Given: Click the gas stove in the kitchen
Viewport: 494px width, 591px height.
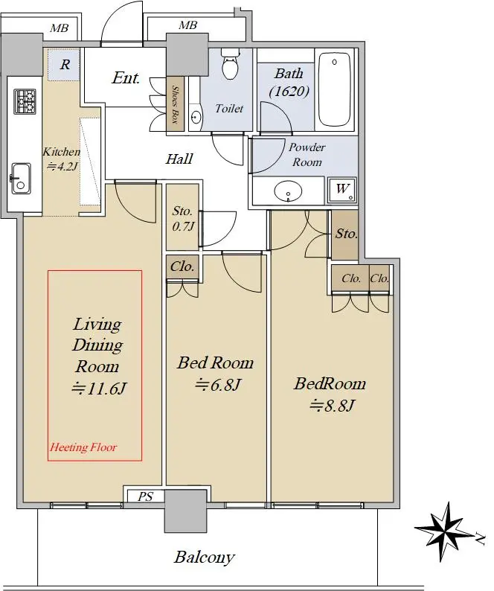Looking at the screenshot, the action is [25, 101].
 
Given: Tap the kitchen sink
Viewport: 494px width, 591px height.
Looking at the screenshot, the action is [21, 179].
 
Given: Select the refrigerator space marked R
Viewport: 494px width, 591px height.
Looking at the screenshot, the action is [64, 65].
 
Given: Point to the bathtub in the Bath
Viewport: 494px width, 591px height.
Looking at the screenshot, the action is [334, 89].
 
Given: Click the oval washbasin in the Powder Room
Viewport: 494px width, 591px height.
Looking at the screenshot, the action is [288, 191].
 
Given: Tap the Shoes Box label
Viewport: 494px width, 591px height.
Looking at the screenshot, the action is [176, 104].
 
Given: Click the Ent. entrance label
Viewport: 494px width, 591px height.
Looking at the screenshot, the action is [126, 78].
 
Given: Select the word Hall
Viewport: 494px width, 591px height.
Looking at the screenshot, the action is [179, 159].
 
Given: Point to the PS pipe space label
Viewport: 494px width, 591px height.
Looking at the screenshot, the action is [145, 496].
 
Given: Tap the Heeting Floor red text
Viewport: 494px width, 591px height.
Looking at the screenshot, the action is [83, 447].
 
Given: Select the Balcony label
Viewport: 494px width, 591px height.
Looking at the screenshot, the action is [205, 558].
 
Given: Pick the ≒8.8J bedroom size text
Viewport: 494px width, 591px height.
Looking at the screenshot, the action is [332, 406].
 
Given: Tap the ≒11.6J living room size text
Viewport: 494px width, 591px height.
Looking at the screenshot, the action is [98, 389].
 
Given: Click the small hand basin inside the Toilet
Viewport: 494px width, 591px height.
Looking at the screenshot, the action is [195, 117].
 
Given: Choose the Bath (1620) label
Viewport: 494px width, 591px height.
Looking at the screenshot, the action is [289, 82].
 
